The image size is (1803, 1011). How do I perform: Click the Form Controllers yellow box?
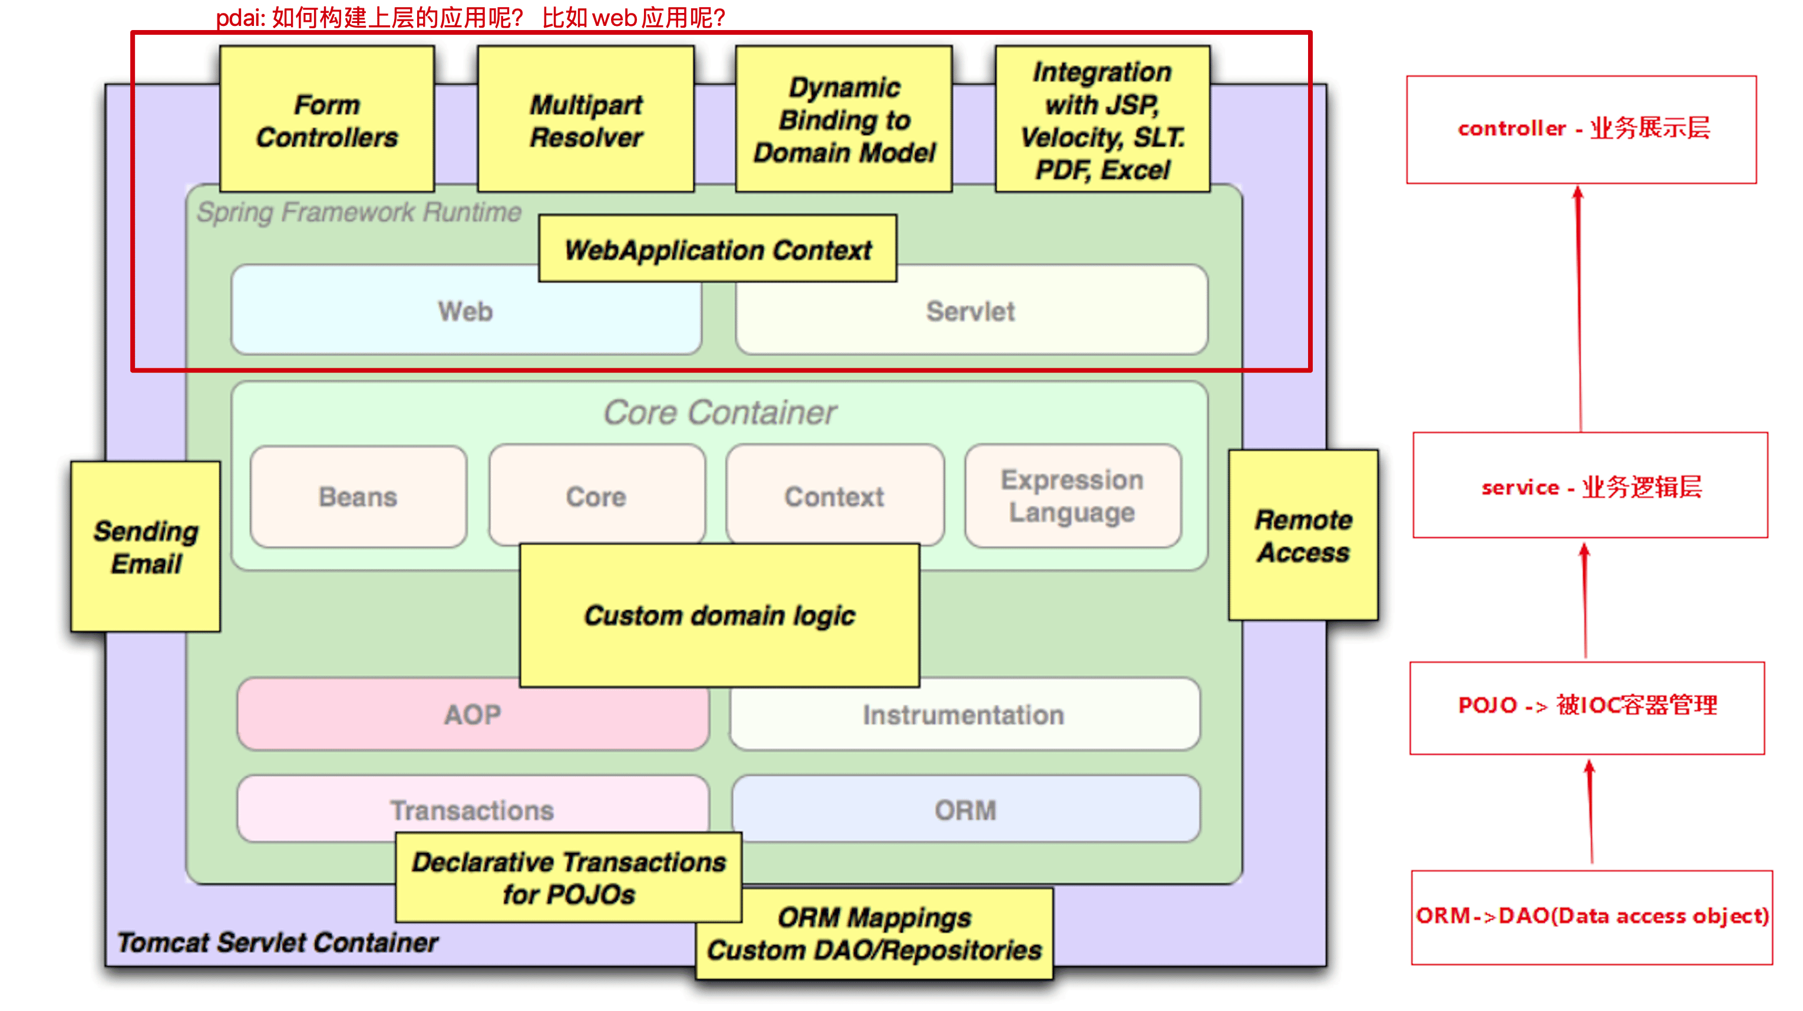coord(327,120)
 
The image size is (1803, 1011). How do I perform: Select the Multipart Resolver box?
coord(586,120)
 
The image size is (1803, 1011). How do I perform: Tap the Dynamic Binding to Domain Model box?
coord(844,120)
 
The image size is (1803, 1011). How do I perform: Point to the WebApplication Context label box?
coord(718,249)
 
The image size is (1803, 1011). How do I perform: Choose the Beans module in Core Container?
coord(358,497)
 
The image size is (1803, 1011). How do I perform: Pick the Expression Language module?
coord(1073,496)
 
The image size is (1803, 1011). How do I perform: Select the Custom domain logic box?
coord(719,616)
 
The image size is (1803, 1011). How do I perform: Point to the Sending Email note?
coord(146,547)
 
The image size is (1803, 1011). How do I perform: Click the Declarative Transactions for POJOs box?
coord(569,878)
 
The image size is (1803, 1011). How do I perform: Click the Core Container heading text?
coord(719,412)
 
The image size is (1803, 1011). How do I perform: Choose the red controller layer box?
coord(1582,130)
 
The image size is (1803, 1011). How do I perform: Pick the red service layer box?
coord(1590,485)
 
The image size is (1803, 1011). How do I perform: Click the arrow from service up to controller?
coord(1580,308)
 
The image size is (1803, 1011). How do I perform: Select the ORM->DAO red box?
coord(1591,917)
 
